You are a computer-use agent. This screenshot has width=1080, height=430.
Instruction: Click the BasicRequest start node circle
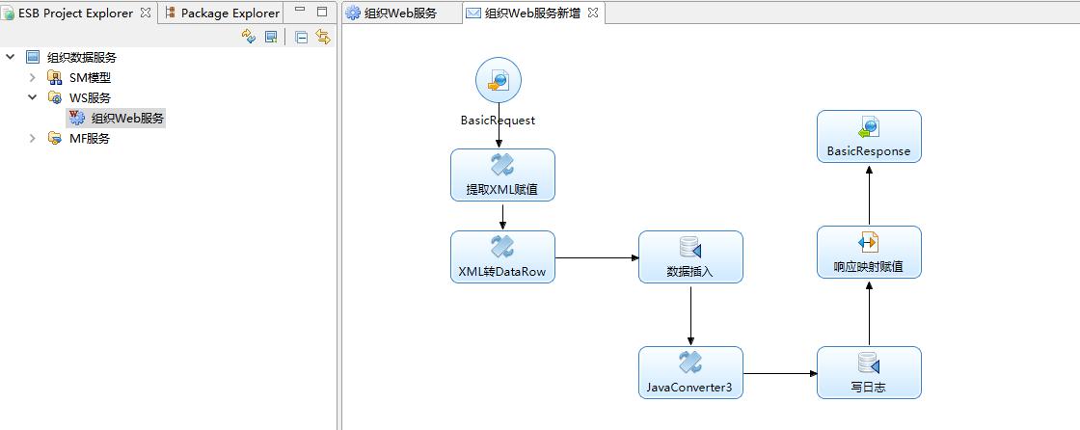point(499,80)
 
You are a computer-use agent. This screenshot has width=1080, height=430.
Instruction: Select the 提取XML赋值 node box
point(502,175)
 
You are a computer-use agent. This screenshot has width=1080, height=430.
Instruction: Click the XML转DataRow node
point(502,256)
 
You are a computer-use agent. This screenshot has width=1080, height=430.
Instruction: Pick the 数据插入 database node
point(690,256)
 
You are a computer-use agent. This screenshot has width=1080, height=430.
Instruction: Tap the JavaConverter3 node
point(690,372)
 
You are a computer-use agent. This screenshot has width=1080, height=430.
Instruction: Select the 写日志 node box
point(869,372)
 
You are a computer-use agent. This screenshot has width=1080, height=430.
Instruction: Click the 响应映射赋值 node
point(869,252)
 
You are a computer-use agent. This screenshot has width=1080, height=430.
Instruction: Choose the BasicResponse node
point(869,136)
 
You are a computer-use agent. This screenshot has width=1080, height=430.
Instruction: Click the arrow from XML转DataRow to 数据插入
point(597,257)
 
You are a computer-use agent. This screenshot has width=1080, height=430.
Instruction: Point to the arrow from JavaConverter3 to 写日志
point(780,373)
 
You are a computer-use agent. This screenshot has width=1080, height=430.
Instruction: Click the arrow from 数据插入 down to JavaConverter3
point(690,314)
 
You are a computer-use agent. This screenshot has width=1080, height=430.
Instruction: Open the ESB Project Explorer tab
point(75,13)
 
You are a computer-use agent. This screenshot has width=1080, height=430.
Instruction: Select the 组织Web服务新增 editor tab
point(531,13)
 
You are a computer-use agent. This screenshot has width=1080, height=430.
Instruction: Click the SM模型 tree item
point(90,77)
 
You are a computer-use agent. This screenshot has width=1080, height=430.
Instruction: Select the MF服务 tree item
point(90,138)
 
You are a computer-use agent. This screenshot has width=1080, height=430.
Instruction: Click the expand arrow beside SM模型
point(32,77)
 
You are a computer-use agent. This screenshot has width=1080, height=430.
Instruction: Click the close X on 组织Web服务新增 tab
point(593,13)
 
